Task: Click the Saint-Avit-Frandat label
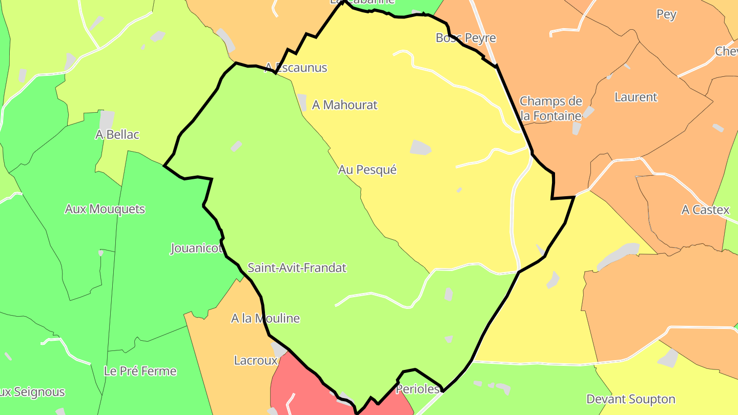[x=297, y=268]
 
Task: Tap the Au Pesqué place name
[x=367, y=170]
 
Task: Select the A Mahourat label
[x=344, y=105]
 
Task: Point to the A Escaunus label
[x=296, y=68]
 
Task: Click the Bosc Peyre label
[x=465, y=38]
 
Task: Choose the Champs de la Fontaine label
[x=550, y=109]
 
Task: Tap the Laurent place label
[x=635, y=97]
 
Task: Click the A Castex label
[x=705, y=210]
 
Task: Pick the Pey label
[x=666, y=14]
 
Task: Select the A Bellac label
[x=117, y=135]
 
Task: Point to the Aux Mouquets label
[x=105, y=209]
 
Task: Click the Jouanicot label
[x=196, y=249]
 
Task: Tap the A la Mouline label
[x=265, y=318]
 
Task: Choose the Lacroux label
[x=255, y=360]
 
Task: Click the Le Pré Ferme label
[x=140, y=371]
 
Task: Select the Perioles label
[x=418, y=389]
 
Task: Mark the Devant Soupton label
[x=630, y=399]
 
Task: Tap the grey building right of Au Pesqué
[x=420, y=147]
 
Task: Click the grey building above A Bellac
[x=107, y=120]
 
